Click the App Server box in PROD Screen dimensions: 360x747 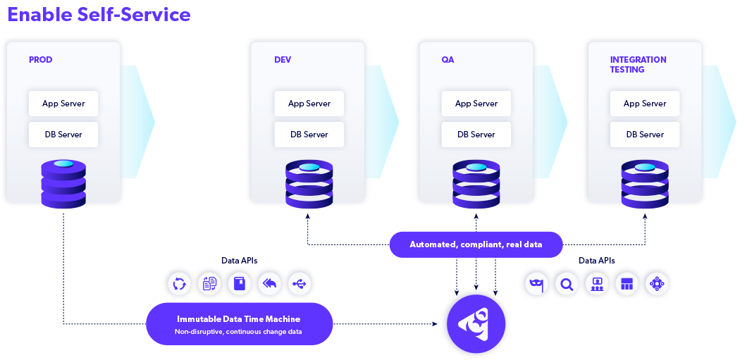click(63, 104)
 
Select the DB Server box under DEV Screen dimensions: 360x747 click(309, 135)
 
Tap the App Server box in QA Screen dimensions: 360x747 click(476, 104)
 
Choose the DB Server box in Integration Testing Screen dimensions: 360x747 click(645, 135)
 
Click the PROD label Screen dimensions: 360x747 click(41, 60)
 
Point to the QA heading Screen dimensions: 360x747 click(447, 60)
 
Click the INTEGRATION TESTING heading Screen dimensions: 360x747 click(638, 65)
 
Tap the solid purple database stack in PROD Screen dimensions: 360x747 click(63, 184)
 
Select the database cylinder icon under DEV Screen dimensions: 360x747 click(309, 185)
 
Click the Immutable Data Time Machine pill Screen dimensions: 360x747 click(239, 324)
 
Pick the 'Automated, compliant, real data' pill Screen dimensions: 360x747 click(476, 244)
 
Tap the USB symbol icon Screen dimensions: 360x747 click(300, 284)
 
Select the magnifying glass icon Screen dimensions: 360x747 click(566, 284)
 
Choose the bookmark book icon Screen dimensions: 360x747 click(240, 284)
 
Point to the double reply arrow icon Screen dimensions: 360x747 click(270, 284)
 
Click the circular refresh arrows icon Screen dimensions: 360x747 click(179, 284)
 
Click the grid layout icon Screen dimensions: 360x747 click(626, 284)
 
